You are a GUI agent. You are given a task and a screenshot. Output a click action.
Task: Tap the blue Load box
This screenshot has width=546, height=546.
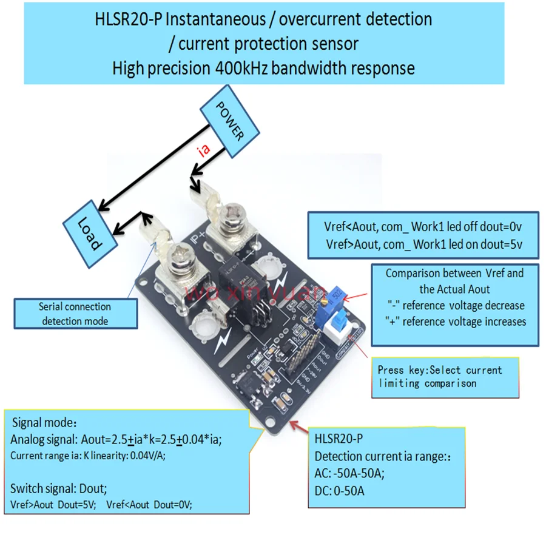click(x=90, y=234)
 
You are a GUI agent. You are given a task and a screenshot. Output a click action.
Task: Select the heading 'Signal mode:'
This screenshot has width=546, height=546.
click(x=45, y=422)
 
